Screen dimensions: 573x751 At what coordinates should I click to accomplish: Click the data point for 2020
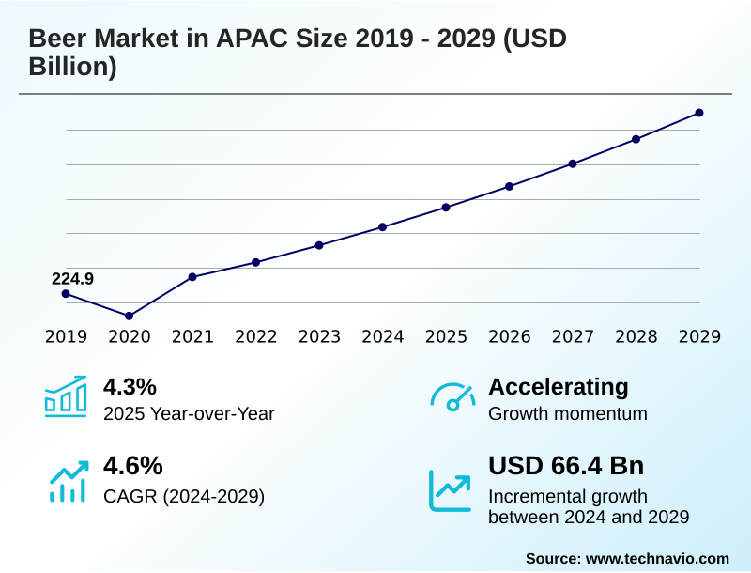pyautogui.click(x=129, y=316)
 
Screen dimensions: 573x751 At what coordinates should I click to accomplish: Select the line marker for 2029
pyautogui.click(x=699, y=113)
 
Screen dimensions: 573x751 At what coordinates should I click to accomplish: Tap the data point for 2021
pyautogui.click(x=192, y=277)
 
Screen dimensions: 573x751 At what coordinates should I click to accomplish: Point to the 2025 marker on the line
pyautogui.click(x=446, y=207)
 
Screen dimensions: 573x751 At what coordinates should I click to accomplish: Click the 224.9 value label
pyautogui.click(x=72, y=279)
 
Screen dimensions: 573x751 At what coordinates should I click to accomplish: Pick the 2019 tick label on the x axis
pyautogui.click(x=66, y=337)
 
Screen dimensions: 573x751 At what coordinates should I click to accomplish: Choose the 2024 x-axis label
pyautogui.click(x=383, y=337)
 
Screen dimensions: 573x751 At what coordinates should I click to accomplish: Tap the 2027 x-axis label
pyautogui.click(x=573, y=337)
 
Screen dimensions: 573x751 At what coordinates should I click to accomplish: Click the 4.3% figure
pyautogui.click(x=130, y=386)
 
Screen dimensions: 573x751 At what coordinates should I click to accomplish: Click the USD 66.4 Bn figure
pyautogui.click(x=566, y=466)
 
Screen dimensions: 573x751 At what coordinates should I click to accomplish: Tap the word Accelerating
pyautogui.click(x=559, y=386)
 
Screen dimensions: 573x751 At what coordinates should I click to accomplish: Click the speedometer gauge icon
pyautogui.click(x=452, y=396)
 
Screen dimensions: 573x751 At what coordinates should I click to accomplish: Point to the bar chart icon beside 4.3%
pyautogui.click(x=66, y=396)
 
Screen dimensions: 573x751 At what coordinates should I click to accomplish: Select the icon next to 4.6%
pyautogui.click(x=68, y=480)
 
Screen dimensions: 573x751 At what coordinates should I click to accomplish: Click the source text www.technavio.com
pyautogui.click(x=657, y=558)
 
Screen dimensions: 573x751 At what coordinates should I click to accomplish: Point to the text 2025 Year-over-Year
pyautogui.click(x=189, y=413)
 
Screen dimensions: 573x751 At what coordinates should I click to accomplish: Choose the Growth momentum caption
pyautogui.click(x=568, y=413)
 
